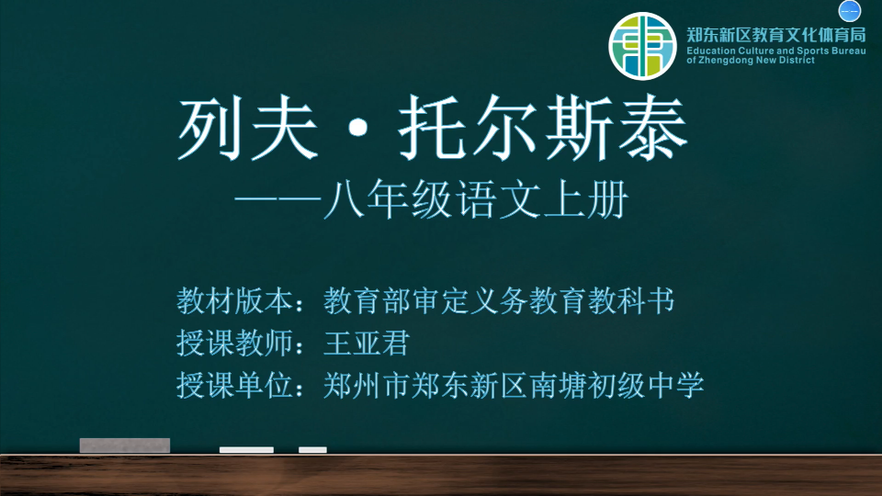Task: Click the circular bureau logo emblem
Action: coord(642,46)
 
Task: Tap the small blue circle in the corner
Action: coord(849,11)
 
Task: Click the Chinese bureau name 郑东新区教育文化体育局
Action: coord(775,35)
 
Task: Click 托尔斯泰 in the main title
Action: coord(543,128)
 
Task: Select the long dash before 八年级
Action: coord(277,199)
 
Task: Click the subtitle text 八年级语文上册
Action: coord(476,199)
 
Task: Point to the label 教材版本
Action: coord(234,301)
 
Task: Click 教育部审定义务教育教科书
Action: coord(499,301)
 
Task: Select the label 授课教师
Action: coord(234,343)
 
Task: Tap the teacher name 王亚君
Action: coord(367,343)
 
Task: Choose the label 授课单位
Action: coord(234,385)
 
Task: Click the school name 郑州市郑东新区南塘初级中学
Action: coord(514,385)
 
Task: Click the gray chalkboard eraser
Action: coord(125,445)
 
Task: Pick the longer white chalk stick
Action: coord(246,450)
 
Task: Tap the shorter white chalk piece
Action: coord(312,450)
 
